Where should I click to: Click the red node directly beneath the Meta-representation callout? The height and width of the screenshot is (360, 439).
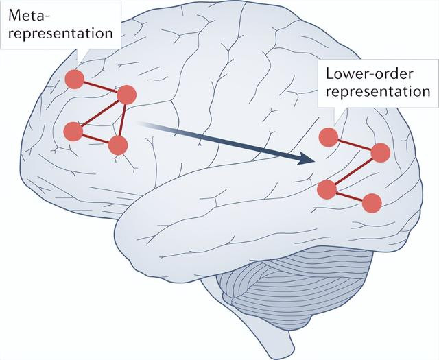[x=75, y=80]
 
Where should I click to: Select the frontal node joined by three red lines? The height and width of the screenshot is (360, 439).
[x=126, y=95]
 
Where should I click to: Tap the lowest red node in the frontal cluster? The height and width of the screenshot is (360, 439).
[x=118, y=145]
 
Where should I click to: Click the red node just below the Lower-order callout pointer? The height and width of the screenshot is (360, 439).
[x=329, y=137]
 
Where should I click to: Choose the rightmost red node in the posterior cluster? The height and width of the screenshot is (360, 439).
[x=381, y=153]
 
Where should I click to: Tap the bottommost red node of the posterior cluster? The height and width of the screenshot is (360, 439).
[x=371, y=202]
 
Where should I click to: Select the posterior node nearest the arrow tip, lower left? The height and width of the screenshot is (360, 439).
[x=327, y=188]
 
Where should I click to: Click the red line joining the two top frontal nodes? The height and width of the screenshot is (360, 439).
[x=100, y=87]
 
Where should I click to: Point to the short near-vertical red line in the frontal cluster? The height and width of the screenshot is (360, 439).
[x=122, y=120]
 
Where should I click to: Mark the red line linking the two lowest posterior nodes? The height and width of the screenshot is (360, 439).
[x=348, y=195]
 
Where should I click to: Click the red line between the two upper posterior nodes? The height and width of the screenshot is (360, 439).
[x=355, y=145]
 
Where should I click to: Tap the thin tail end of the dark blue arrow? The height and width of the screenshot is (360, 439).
[x=140, y=123]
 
